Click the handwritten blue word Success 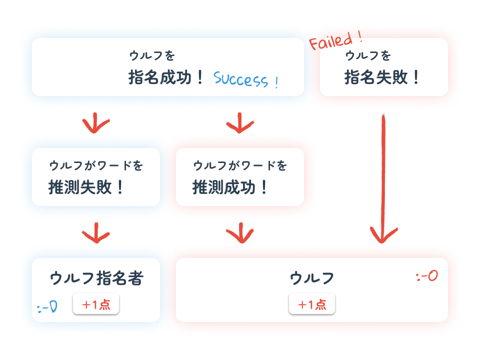pos(246,79)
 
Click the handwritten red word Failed pos(335,39)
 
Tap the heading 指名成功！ pos(166,77)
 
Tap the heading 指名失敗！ pos(383,77)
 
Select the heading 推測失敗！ pos(86,187)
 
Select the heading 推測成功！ pos(230,187)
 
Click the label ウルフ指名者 pos(96,278)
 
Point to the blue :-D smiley pos(47,306)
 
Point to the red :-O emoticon pos(427,276)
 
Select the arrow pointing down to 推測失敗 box pos(96,123)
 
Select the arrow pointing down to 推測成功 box pos(240,123)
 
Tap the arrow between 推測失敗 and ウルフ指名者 pos(96,232)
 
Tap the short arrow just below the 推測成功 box pos(240,232)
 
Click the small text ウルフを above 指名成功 pos(152,55)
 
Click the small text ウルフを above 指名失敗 pos(368,55)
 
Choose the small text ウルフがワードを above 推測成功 pos(240,165)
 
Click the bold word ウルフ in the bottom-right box pos(312,278)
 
